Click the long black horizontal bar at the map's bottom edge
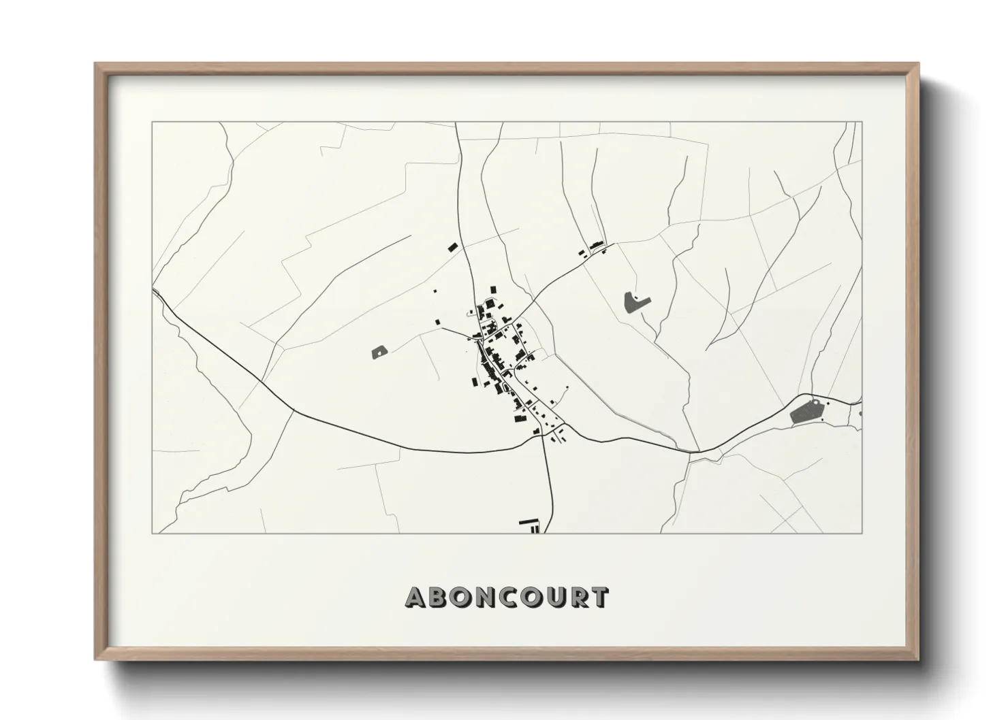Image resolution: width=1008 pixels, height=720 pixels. pyautogui.click(x=528, y=522)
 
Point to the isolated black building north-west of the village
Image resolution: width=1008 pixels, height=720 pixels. pyautogui.click(x=451, y=247)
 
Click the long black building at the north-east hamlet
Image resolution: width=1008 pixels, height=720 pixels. pyautogui.click(x=597, y=244)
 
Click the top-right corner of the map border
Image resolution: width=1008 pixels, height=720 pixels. pyautogui.click(x=862, y=122)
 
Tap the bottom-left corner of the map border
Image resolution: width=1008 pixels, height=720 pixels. pyautogui.click(x=152, y=533)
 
